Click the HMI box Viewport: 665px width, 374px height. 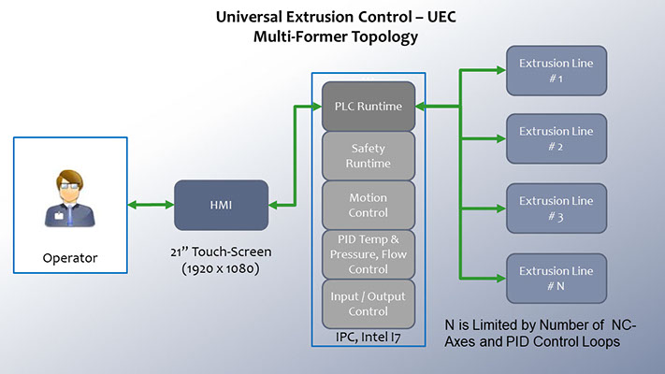(221, 205)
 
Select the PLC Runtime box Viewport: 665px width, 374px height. (368, 106)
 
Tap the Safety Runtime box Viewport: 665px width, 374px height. (368, 155)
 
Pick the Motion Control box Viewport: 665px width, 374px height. (368, 205)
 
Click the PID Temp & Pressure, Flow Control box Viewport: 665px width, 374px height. (368, 253)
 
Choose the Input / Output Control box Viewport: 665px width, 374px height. (368, 303)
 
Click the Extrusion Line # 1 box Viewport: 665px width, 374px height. (556, 70)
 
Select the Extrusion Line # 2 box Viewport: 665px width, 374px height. (556, 137)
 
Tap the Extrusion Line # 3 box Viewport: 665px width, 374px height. (556, 208)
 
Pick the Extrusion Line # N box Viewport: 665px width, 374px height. (556, 278)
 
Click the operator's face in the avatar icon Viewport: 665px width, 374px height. (69, 184)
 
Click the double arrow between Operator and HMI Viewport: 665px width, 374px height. (150, 205)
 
